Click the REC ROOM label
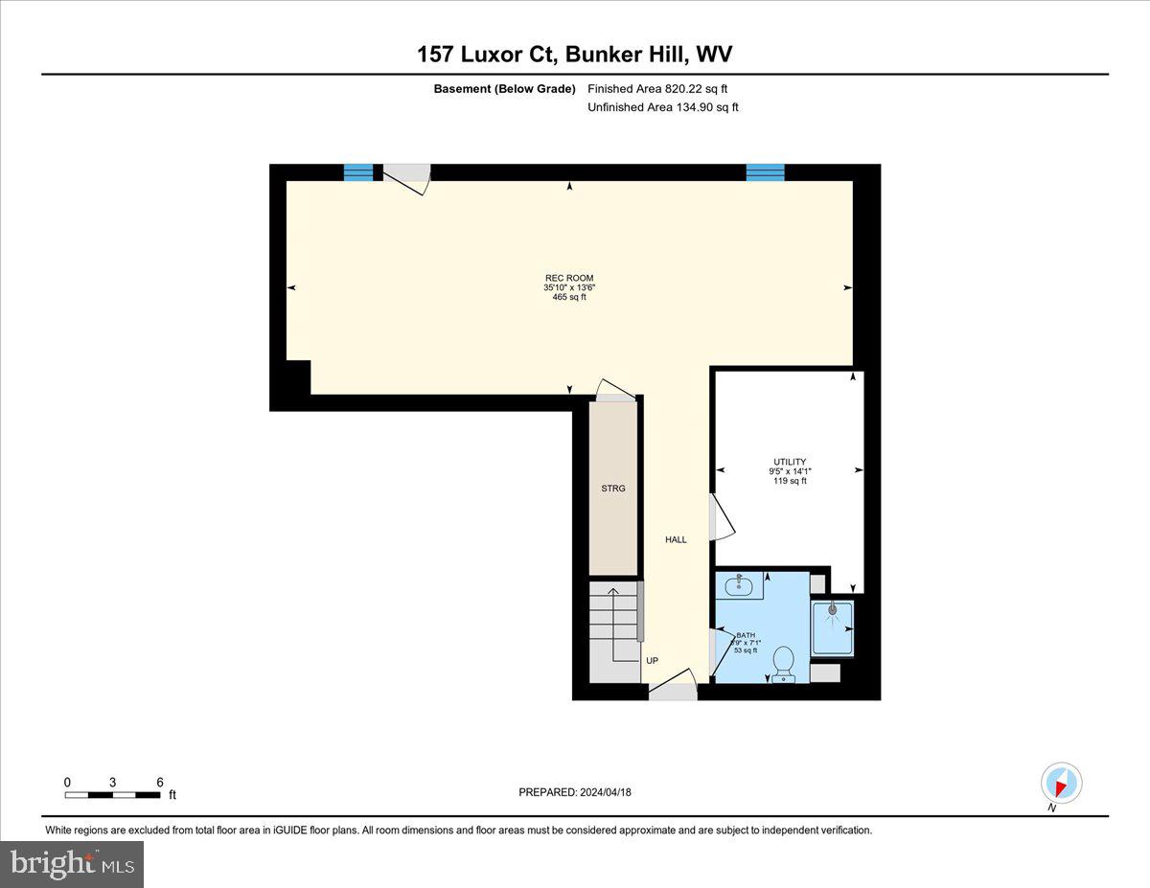[569, 279]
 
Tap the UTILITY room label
[790, 463]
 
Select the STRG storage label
[613, 489]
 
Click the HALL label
[676, 540]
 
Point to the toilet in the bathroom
[783, 662]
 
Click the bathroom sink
[739, 583]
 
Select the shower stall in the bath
[832, 627]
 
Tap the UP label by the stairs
[652, 661]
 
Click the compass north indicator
[1061, 785]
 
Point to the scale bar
[112, 794]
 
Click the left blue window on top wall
[358, 172]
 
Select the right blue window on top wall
[765, 172]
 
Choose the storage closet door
[616, 391]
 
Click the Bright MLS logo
[73, 864]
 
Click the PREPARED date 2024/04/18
[575, 792]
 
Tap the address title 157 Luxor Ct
[488, 55]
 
